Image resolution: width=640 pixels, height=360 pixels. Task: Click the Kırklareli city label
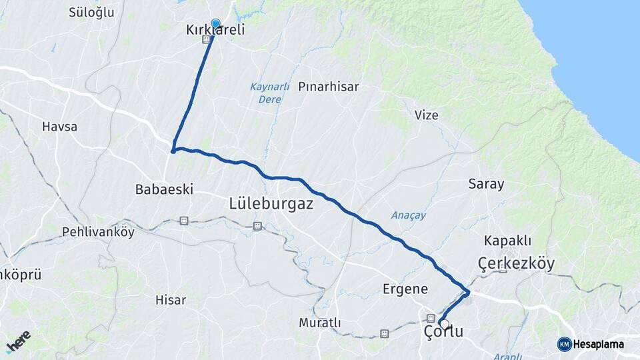215,30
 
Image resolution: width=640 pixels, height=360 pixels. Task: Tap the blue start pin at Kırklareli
215,23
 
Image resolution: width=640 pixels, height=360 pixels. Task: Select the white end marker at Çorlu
443,323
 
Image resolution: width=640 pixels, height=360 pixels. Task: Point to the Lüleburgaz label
271,204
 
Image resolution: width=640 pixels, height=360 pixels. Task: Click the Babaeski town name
164,189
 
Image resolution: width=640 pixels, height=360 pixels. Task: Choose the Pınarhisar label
329,87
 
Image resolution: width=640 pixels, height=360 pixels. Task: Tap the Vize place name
427,115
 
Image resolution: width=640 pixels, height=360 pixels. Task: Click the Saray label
486,184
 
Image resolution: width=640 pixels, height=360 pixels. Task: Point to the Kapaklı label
508,240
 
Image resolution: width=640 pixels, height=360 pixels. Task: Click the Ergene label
405,289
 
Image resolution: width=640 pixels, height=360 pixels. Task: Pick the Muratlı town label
319,323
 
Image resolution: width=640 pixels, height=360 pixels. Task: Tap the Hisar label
171,300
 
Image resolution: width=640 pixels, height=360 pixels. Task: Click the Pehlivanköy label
98,232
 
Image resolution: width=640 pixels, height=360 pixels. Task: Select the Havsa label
59,126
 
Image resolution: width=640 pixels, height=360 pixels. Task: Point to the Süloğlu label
91,12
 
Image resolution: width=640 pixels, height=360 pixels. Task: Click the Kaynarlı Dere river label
269,93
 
